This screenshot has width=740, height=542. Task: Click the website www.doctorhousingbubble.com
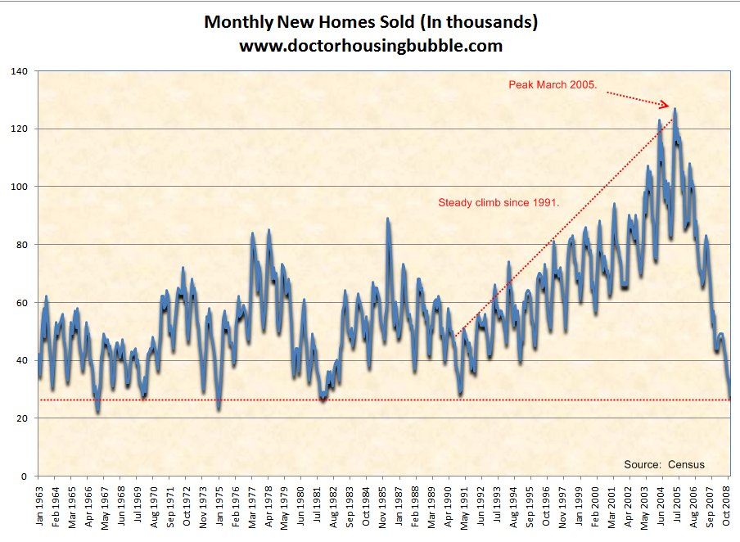[x=370, y=46]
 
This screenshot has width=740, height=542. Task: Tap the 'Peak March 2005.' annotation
[x=553, y=84]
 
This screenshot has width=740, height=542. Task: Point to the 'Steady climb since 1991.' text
[x=499, y=202]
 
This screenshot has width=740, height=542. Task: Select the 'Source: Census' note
[x=664, y=464]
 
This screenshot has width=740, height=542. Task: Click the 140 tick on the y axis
[x=19, y=72]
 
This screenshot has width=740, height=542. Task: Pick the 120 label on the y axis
[x=19, y=129]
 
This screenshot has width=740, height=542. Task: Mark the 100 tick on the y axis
[x=19, y=187]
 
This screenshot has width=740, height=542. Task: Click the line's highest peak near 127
[x=675, y=109]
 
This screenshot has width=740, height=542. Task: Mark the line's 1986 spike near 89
[x=387, y=219]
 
